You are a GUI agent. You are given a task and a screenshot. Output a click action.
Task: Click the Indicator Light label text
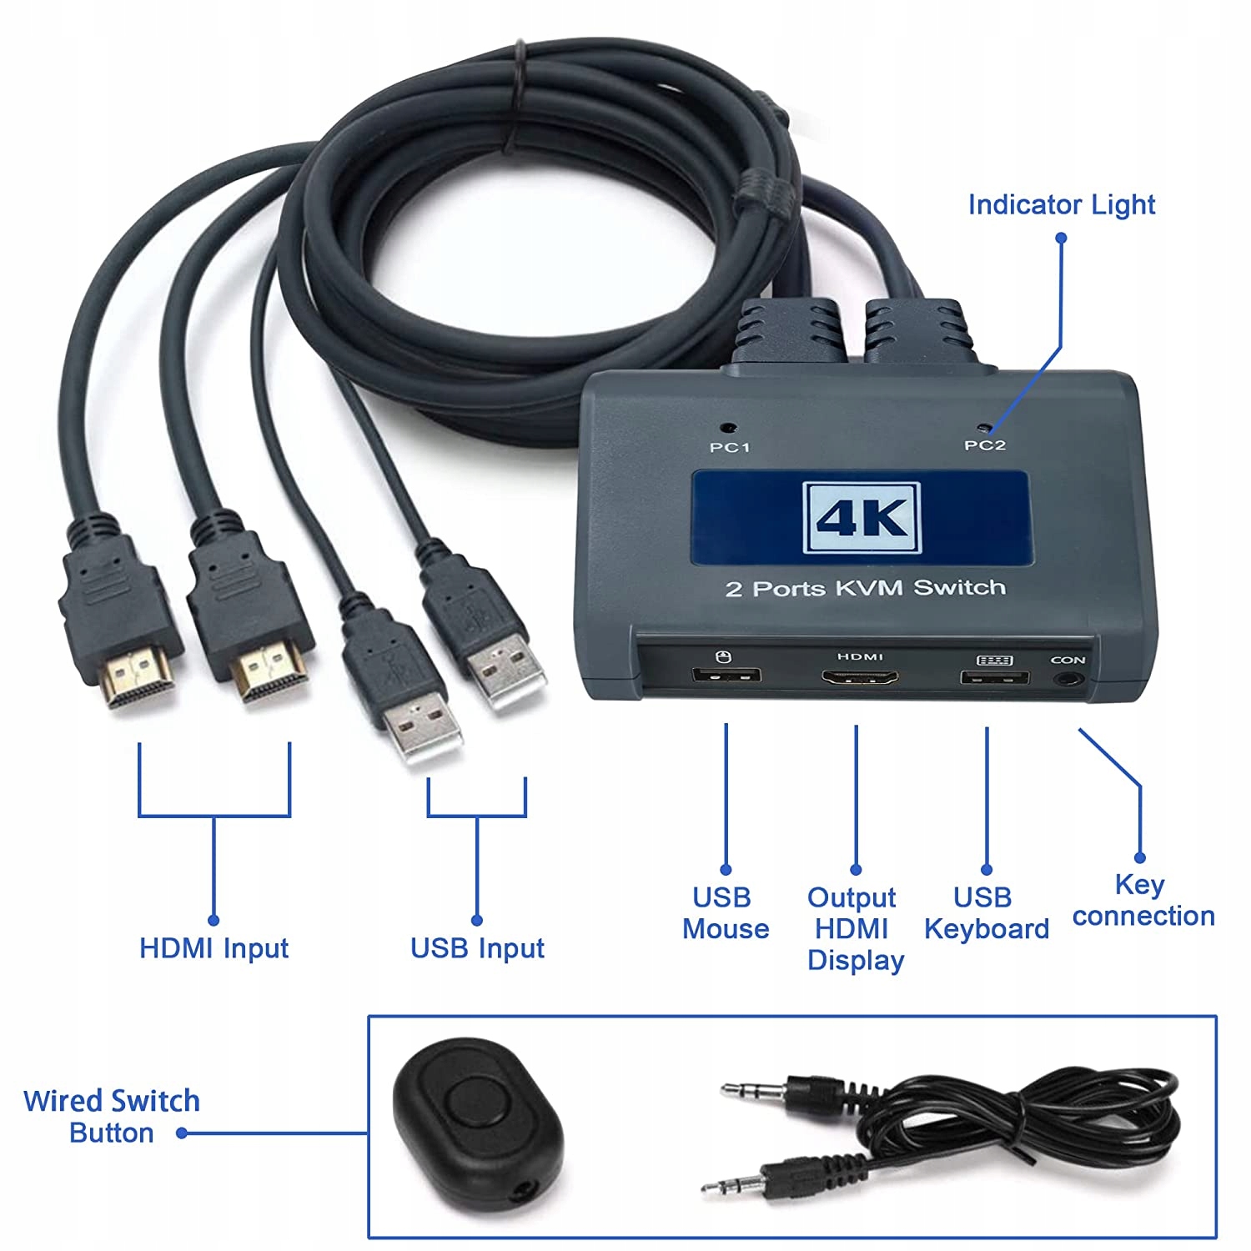[1061, 204]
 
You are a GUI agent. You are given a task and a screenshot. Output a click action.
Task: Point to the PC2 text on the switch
[985, 445]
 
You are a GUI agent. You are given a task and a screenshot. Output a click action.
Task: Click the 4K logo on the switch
[862, 518]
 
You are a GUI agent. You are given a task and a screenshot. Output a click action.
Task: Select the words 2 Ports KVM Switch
[865, 588]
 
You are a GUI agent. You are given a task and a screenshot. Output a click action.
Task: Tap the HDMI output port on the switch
[860, 677]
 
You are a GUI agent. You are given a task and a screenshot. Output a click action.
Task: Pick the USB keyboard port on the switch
[993, 676]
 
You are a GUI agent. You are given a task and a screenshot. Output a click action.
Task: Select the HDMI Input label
[214, 948]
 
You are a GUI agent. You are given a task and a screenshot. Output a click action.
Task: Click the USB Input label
[477, 948]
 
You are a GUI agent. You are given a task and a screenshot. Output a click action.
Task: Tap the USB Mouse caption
[725, 913]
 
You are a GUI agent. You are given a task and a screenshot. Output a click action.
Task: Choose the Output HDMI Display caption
[855, 929]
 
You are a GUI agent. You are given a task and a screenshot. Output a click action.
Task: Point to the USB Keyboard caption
[986, 913]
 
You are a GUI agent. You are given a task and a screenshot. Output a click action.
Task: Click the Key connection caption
[1143, 900]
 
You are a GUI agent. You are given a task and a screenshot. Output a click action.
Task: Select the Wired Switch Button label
[111, 1117]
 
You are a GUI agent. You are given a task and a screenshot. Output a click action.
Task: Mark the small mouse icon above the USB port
[724, 656]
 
